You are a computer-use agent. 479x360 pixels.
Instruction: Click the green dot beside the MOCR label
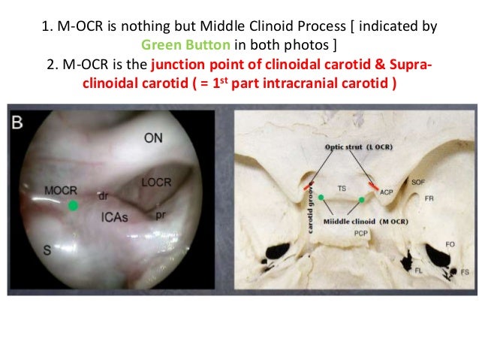tap(72, 205)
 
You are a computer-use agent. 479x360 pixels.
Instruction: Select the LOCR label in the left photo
tap(155, 183)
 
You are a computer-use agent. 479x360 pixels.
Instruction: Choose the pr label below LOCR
tap(160, 214)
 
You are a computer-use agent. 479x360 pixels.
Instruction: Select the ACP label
tap(386, 192)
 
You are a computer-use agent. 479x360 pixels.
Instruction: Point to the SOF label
tap(417, 182)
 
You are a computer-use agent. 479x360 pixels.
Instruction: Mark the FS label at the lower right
tap(465, 270)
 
